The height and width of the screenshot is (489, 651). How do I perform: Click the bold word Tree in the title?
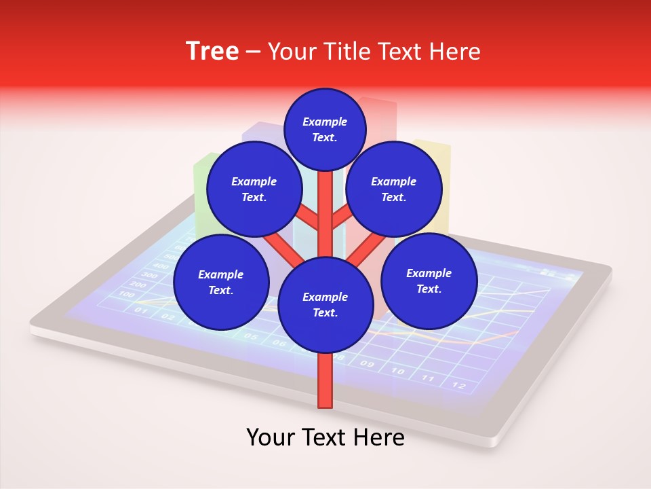tap(212, 51)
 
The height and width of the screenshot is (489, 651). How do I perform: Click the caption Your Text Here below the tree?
tap(325, 437)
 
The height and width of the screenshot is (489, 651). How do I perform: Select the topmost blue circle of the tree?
tap(325, 129)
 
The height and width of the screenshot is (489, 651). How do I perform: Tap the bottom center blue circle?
tap(325, 304)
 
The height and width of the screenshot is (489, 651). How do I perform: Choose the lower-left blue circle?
tap(221, 282)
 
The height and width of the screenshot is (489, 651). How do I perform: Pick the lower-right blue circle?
tap(429, 280)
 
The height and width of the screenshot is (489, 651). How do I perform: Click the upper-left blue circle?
tap(254, 189)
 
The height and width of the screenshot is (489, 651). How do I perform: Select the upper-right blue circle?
tap(393, 189)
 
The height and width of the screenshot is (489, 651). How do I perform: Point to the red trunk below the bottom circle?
tap(325, 380)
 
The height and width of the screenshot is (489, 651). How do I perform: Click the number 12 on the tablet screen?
tap(459, 386)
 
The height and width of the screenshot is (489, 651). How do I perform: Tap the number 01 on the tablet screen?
tap(141, 310)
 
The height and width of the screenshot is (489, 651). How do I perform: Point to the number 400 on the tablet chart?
tap(160, 266)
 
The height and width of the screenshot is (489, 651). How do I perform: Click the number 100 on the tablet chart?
tap(127, 294)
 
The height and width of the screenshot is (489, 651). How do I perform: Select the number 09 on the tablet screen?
tap(367, 364)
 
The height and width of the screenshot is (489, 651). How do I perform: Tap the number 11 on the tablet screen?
tap(428, 378)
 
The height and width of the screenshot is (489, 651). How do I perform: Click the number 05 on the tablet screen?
tap(250, 336)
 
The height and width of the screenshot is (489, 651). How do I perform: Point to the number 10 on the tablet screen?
tap(397, 371)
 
